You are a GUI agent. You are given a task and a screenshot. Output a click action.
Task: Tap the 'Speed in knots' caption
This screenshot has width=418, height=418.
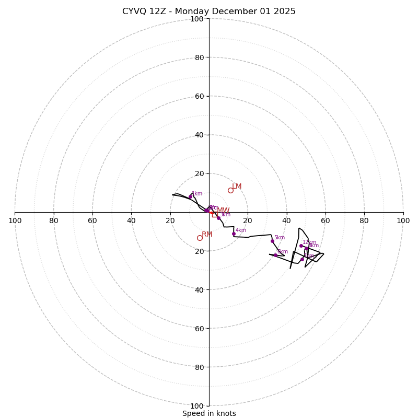click(x=209, y=413)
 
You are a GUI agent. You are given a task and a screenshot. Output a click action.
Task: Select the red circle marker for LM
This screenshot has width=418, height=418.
click(x=230, y=190)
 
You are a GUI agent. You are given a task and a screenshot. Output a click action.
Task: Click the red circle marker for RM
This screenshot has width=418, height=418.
click(x=200, y=238)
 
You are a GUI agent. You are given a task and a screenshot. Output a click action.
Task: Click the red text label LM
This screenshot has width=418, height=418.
click(x=237, y=187)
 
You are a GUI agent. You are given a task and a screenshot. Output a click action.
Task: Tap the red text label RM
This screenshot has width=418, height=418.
click(x=207, y=235)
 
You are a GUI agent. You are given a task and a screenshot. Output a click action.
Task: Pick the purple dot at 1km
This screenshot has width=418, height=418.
click(x=190, y=196)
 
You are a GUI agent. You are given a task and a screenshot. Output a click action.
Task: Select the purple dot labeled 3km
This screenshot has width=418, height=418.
click(x=218, y=218)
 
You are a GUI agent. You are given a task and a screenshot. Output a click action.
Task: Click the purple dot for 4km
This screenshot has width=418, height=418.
click(x=234, y=234)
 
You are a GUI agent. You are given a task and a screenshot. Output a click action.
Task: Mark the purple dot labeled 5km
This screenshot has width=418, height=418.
click(x=272, y=241)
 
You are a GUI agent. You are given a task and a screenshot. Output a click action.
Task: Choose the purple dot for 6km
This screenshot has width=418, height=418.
click(x=275, y=255)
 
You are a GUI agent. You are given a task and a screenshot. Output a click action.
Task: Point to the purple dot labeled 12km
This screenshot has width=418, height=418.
click(x=301, y=246)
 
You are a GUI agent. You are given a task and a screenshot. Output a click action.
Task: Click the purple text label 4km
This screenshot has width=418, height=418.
click(x=240, y=230)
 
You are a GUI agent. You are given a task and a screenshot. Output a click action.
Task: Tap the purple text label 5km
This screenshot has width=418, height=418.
click(x=279, y=237)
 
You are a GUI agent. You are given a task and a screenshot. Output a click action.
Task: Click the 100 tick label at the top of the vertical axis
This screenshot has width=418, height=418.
click(x=197, y=19)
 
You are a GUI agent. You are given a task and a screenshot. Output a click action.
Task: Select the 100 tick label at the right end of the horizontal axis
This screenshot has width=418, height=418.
click(x=403, y=220)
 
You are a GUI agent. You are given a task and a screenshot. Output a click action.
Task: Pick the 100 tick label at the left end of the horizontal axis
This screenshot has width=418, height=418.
click(x=15, y=220)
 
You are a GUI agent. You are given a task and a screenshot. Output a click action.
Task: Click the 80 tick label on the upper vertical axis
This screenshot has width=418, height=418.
click(x=199, y=57)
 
